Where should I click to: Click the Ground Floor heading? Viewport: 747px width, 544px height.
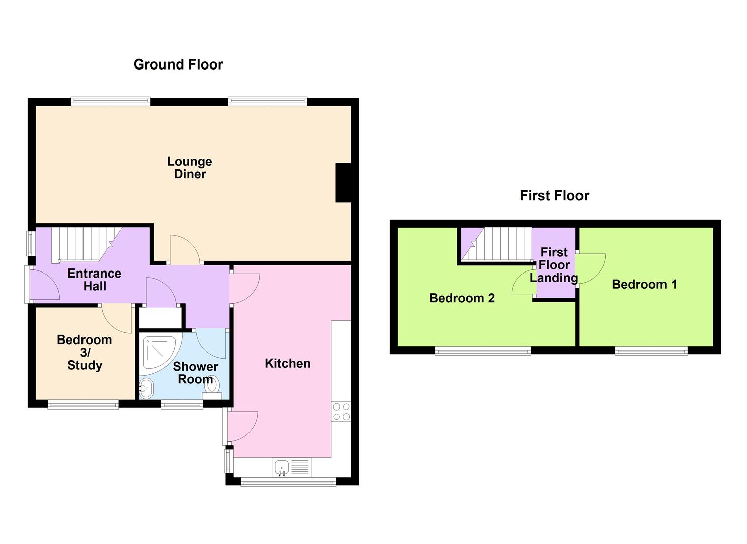[178, 64]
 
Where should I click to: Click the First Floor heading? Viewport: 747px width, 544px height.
[554, 196]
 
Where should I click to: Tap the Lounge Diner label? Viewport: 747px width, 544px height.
[190, 168]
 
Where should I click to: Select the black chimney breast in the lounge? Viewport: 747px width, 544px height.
[343, 183]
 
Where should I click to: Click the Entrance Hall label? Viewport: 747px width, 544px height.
[95, 280]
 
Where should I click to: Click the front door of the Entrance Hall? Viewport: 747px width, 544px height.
[44, 285]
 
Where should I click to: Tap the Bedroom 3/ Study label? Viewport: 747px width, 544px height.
[85, 352]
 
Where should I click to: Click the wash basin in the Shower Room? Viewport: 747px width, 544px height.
[146, 388]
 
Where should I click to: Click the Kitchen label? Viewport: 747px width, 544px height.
[287, 363]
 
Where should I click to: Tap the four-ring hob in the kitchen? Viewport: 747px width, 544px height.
[341, 412]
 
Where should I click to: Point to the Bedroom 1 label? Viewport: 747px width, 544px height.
[644, 284]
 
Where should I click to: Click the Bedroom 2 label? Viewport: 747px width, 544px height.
[462, 298]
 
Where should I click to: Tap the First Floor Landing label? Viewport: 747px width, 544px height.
[554, 265]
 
